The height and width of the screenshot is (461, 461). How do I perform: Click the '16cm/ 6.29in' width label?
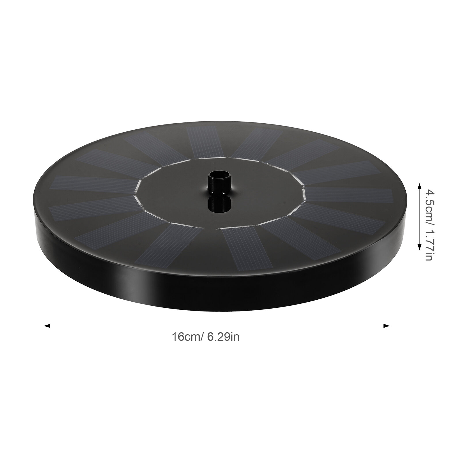205,337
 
